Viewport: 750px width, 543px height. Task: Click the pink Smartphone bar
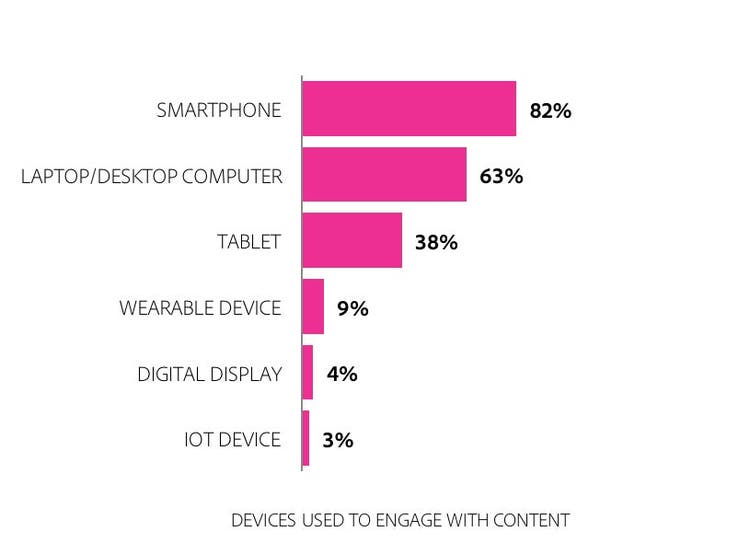point(409,109)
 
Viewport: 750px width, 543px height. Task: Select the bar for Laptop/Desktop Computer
point(384,175)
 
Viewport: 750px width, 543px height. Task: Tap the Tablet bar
point(352,240)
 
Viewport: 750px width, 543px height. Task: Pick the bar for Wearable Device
point(313,307)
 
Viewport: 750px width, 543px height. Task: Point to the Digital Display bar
point(308,373)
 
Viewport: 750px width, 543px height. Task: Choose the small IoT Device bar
point(306,438)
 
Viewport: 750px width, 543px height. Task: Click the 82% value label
point(550,110)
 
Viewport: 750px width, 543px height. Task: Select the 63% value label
point(501,176)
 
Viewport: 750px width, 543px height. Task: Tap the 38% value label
point(436,242)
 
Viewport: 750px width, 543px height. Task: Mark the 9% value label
point(353,308)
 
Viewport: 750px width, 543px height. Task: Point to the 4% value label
point(342,374)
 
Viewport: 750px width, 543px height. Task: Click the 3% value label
point(338,440)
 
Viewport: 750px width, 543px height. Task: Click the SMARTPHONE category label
point(219,110)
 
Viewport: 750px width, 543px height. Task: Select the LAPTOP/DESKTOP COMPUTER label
point(152,176)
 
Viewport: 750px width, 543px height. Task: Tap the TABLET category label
point(249,242)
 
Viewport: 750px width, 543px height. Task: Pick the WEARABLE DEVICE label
point(200,308)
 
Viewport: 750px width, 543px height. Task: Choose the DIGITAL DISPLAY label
point(209,374)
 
